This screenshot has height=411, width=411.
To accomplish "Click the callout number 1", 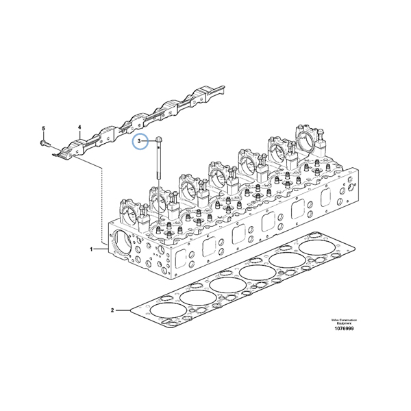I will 92,249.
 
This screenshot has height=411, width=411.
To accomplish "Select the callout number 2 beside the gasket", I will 112,310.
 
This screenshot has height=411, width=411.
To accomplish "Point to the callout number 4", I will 79,127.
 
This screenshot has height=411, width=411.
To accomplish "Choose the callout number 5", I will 43,128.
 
